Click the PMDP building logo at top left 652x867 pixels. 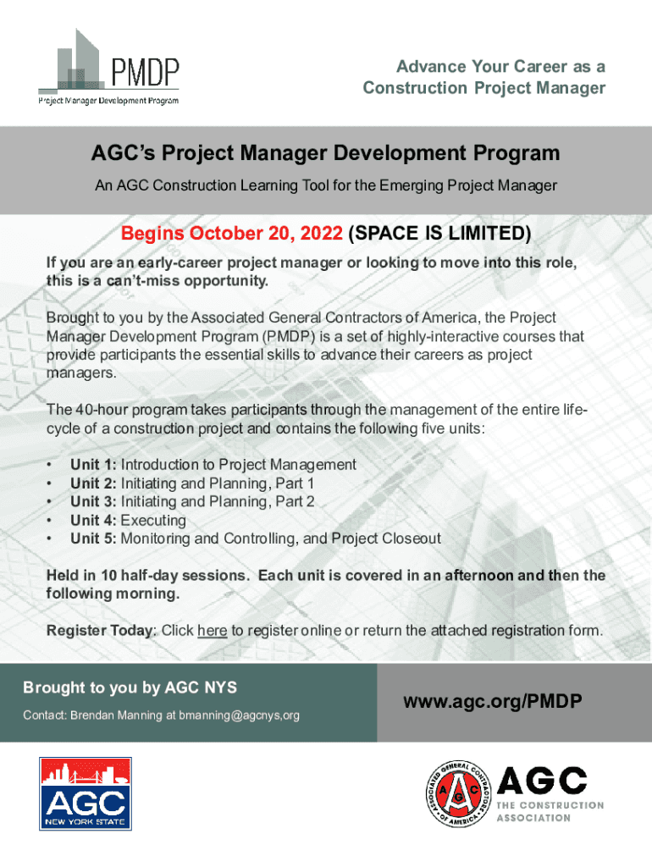coord(109,67)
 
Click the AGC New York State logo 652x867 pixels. coord(86,793)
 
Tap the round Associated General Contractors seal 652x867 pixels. coord(458,793)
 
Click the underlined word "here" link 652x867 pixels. coord(213,630)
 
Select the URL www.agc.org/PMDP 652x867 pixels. coord(493,701)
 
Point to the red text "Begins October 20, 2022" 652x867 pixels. coord(232,233)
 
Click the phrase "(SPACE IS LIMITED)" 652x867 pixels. coord(439,233)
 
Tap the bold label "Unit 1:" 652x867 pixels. coord(93,465)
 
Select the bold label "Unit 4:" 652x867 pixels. coord(93,520)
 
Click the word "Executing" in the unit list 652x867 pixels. coord(153,521)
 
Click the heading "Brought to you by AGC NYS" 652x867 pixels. coord(130,688)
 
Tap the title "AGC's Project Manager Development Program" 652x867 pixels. coord(326,152)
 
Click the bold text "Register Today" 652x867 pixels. coord(100,630)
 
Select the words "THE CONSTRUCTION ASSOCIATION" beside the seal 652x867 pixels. coord(550,811)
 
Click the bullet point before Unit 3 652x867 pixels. coord(50,502)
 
